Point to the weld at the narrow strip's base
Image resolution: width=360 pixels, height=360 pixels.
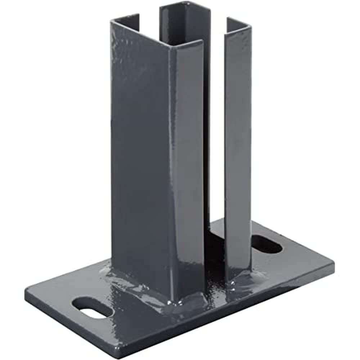pyautogui.click(x=239, y=275)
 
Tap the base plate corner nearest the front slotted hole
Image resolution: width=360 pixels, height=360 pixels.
pyautogui.click(x=27, y=290)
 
